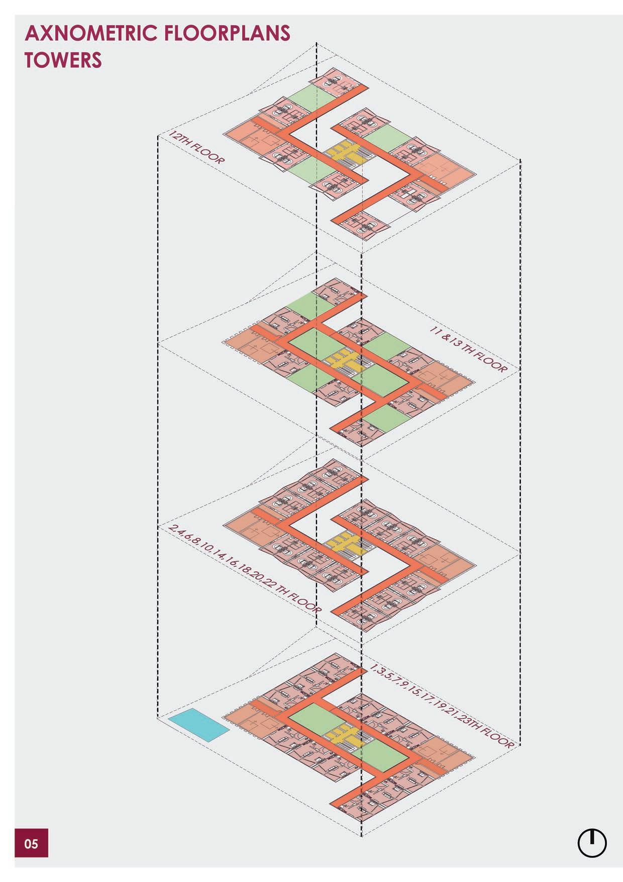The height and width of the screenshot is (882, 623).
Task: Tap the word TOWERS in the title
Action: pos(63,60)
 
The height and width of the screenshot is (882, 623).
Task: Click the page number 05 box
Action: pos(31,843)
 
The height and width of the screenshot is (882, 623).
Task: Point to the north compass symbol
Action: pos(592,843)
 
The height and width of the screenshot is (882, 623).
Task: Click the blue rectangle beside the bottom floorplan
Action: pos(198,724)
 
